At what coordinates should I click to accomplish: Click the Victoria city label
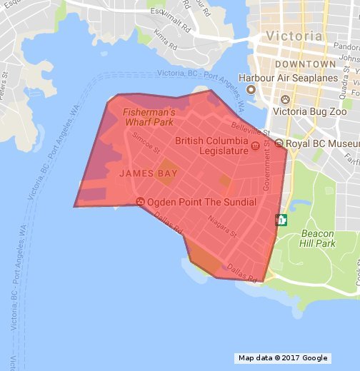pyautogui.click(x=293, y=36)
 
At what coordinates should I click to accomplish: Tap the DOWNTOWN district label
pyautogui.click(x=299, y=64)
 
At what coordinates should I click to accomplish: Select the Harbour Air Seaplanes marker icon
pyautogui.click(x=251, y=89)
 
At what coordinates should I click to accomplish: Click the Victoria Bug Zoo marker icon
pyautogui.click(x=286, y=98)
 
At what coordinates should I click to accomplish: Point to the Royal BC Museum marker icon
pyautogui.click(x=279, y=143)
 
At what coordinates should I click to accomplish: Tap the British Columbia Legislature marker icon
pyautogui.click(x=255, y=148)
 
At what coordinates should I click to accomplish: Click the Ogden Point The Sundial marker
pyautogui.click(x=140, y=202)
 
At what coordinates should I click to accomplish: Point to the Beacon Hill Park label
pyautogui.click(x=318, y=238)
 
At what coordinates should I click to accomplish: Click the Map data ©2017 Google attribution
pyautogui.click(x=283, y=358)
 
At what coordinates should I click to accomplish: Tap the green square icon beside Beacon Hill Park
pyautogui.click(x=281, y=219)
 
